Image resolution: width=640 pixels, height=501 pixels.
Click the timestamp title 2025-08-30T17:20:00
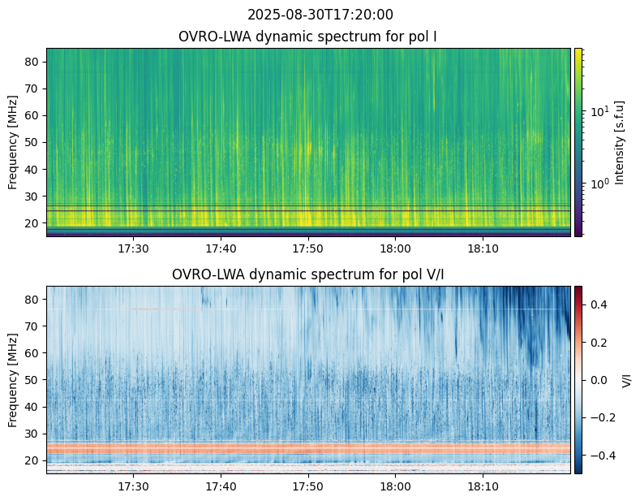point(320,15)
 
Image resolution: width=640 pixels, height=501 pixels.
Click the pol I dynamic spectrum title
point(307,37)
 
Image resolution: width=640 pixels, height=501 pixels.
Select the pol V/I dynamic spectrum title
point(307,274)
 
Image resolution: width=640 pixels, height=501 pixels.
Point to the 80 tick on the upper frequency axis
point(32,62)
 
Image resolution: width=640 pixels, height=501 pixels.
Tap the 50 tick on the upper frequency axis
point(32,143)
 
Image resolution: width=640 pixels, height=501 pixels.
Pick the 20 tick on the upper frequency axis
point(32,223)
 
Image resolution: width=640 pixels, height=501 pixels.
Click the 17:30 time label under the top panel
point(133,248)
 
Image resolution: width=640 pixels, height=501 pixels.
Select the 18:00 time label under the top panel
point(395,248)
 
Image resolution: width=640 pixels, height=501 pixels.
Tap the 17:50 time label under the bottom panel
point(307,486)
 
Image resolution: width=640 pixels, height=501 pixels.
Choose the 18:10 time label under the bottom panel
point(483,486)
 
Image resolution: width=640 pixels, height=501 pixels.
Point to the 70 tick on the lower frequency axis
point(32,326)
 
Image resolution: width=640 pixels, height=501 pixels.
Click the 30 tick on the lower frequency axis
point(32,434)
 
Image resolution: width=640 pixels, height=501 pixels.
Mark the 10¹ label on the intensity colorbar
point(600,110)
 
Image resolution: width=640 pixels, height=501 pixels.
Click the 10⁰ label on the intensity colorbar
point(600,184)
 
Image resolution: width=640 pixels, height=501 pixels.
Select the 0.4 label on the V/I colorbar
point(599,304)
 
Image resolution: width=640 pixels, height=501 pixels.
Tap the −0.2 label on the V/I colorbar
point(602,417)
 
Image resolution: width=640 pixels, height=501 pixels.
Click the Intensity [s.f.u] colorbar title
point(619,143)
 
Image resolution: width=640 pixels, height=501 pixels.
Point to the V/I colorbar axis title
point(626,380)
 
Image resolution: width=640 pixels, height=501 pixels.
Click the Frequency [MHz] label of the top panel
point(13,143)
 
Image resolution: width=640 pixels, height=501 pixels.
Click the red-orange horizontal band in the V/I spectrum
point(308,449)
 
